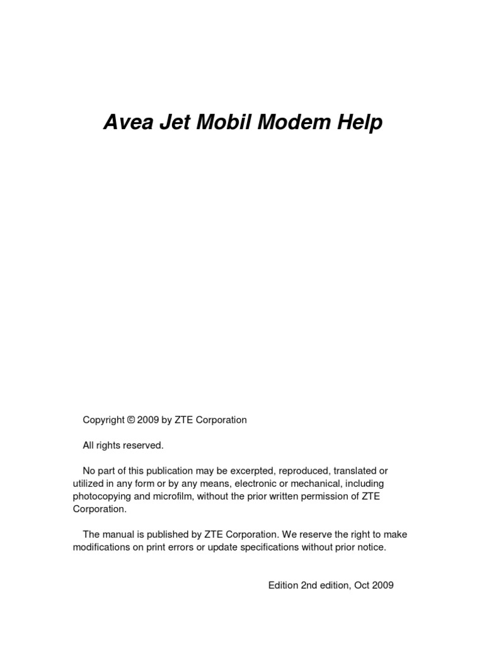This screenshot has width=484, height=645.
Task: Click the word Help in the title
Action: pyautogui.click(x=361, y=123)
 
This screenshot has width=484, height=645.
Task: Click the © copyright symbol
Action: pyautogui.click(x=131, y=420)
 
